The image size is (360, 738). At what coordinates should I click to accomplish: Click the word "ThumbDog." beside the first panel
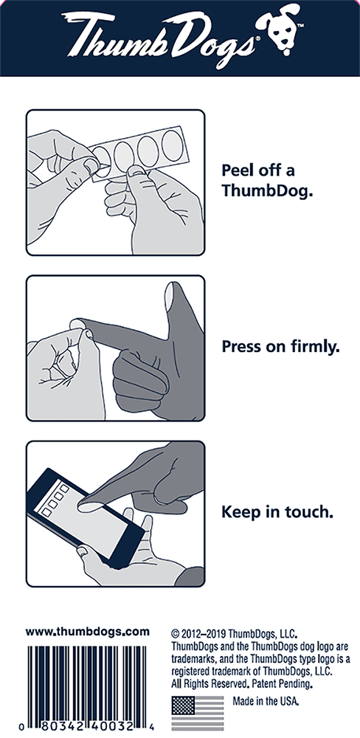(267, 190)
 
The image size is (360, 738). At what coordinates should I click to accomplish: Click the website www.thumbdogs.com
(88, 632)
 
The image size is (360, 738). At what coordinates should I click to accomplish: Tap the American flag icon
(198, 713)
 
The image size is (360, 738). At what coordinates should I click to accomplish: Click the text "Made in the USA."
(266, 701)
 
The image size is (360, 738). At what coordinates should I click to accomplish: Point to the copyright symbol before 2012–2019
(176, 633)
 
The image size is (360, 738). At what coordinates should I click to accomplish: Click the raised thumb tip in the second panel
(170, 296)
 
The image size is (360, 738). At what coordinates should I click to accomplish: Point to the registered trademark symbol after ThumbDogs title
(255, 41)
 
